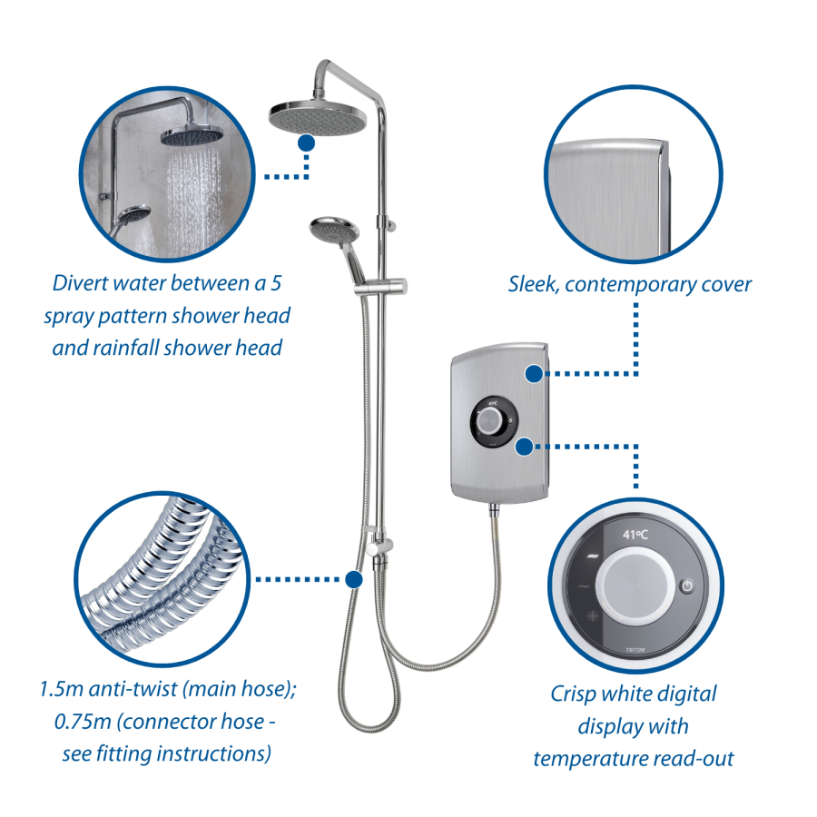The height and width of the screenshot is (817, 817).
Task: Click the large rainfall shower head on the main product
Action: point(318,117)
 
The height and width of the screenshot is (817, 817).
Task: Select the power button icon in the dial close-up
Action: point(687,586)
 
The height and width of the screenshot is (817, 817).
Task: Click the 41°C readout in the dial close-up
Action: point(635,534)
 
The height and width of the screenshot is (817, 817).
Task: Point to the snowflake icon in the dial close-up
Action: point(593,615)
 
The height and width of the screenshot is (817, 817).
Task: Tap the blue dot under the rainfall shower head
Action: point(307,143)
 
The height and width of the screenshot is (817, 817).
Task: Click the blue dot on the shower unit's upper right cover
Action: point(534,374)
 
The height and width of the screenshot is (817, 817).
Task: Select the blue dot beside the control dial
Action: point(525,447)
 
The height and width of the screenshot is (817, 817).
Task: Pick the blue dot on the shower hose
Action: point(354,579)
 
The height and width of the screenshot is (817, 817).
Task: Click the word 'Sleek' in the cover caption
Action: point(533,284)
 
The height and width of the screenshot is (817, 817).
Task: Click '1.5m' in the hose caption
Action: point(61,689)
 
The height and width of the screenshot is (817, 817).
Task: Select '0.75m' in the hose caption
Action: point(83,722)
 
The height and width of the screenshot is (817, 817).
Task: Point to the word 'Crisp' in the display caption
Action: point(573,694)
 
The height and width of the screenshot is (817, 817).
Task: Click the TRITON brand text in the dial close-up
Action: point(635,650)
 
